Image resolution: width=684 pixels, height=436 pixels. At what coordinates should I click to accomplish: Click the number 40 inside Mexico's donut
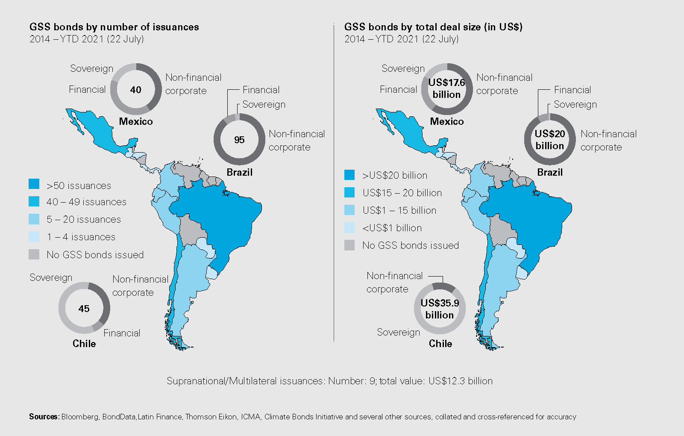(135, 90)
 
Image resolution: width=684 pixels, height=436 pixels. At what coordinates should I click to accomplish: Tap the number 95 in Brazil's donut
(239, 140)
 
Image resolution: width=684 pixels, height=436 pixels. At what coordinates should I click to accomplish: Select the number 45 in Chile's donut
(84, 309)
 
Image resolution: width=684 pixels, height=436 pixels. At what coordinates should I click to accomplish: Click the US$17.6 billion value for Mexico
(446, 88)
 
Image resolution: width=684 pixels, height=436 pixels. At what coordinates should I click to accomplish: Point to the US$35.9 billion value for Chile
(440, 309)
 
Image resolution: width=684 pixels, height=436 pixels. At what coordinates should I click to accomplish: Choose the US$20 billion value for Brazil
(550, 140)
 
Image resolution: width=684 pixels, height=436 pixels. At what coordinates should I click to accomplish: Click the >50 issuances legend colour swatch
(34, 184)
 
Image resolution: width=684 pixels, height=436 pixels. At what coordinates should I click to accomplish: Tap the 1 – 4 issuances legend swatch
(34, 236)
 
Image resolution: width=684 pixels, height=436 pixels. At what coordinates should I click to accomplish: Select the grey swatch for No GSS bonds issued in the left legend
(34, 254)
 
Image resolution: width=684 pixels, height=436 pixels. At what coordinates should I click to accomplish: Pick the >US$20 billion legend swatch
(349, 175)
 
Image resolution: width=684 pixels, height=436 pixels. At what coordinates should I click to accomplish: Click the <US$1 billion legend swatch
(349, 227)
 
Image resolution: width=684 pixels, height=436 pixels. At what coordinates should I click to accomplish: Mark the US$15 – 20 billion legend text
(402, 193)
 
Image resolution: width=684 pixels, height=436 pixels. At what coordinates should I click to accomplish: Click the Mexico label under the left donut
(136, 121)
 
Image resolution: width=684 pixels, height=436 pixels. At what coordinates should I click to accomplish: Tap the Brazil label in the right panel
(550, 172)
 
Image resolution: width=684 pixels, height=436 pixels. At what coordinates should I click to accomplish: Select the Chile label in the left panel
(84, 344)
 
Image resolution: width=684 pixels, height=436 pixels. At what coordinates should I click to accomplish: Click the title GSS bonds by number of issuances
(114, 27)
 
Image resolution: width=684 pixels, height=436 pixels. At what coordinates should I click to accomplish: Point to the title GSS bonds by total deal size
(433, 27)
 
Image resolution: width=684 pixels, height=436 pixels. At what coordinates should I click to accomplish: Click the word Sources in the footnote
(44, 417)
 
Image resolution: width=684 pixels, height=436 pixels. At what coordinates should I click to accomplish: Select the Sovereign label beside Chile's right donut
(398, 332)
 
